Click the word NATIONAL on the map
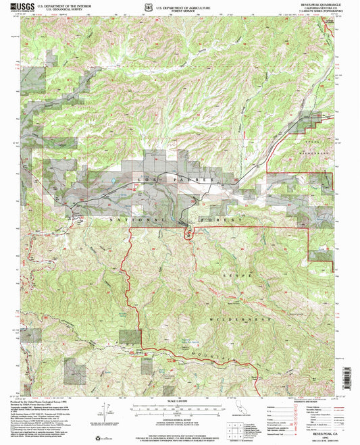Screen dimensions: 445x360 135,221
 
